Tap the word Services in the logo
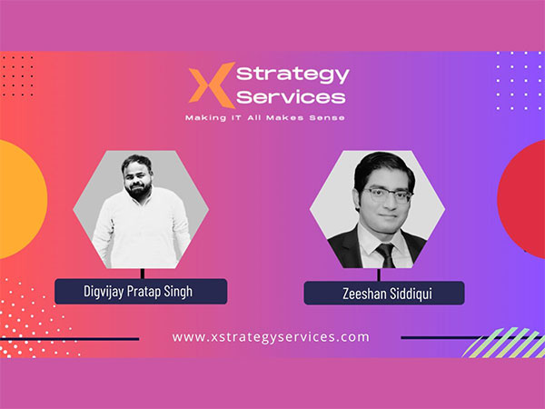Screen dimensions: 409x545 [291, 95]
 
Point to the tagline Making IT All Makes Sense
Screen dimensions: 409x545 [265, 118]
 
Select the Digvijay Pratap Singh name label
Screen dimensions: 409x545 [141, 291]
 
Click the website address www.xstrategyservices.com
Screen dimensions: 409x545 [271, 336]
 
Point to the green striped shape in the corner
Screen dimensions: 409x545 [504, 343]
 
